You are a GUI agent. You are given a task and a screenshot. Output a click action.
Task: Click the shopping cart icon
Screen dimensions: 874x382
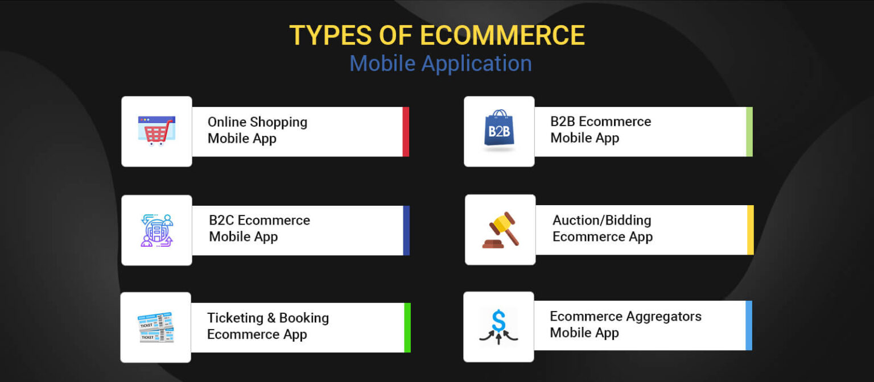tap(156, 131)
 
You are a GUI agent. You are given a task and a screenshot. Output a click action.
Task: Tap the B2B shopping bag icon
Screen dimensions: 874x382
tap(499, 130)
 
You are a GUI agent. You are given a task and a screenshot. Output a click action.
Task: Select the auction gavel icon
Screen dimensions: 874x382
tap(501, 230)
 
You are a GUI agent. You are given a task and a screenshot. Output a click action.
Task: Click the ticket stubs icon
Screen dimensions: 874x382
tap(156, 327)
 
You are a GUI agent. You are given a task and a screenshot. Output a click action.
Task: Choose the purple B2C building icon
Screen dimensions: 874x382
tap(156, 230)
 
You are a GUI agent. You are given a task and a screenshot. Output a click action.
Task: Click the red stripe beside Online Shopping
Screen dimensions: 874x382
tap(406, 132)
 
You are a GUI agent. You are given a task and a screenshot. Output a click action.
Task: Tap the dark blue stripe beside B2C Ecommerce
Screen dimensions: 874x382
tap(406, 230)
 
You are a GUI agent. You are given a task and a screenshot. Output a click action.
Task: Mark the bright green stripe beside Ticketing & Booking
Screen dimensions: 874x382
tap(407, 328)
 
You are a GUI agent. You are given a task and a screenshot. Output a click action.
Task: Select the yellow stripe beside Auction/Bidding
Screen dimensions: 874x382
tap(751, 230)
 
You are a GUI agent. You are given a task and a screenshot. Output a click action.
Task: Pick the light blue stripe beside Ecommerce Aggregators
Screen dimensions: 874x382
tap(749, 326)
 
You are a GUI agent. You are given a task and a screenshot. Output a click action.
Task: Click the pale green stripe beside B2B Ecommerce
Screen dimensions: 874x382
tap(749, 132)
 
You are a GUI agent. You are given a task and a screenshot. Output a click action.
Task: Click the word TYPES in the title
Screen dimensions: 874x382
tap(330, 35)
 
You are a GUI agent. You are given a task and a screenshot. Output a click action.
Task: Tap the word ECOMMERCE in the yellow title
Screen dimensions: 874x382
tap(502, 35)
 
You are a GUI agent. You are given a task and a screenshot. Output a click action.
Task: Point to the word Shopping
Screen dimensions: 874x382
tap(279, 123)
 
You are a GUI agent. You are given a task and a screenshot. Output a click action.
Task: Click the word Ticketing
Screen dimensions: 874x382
tap(235, 318)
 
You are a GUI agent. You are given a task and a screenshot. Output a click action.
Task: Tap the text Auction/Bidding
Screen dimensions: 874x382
tap(601, 221)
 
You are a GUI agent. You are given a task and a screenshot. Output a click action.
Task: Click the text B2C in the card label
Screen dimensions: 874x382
tap(221, 220)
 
